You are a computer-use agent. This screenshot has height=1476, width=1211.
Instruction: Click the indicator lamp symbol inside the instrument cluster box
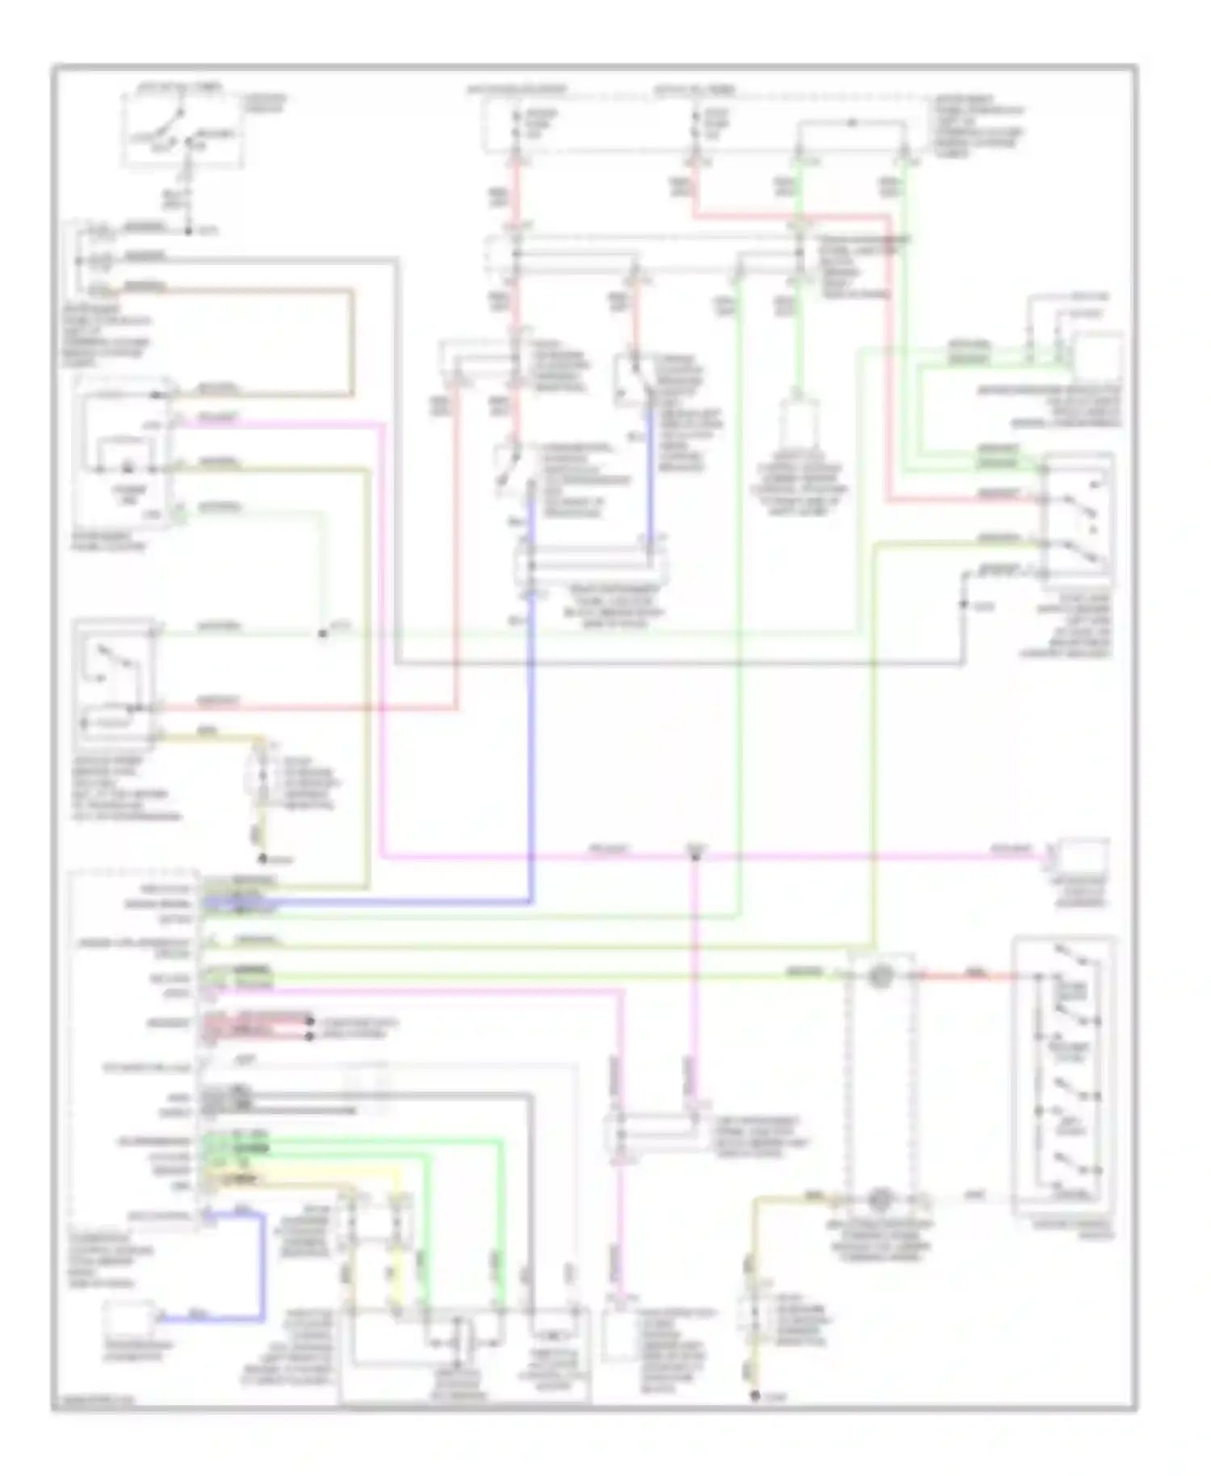127,468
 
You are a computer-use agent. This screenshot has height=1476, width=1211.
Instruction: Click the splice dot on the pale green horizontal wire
322,634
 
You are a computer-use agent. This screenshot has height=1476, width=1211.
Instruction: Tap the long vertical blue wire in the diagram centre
530,727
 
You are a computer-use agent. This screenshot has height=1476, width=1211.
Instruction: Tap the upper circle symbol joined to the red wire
880,976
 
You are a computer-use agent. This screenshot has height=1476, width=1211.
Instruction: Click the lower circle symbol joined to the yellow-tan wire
880,1199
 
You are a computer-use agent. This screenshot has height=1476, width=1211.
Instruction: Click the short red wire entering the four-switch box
969,977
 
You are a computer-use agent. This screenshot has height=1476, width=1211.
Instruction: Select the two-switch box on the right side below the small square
1078,517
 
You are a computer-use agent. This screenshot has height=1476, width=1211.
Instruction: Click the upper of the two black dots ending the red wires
310,1023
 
